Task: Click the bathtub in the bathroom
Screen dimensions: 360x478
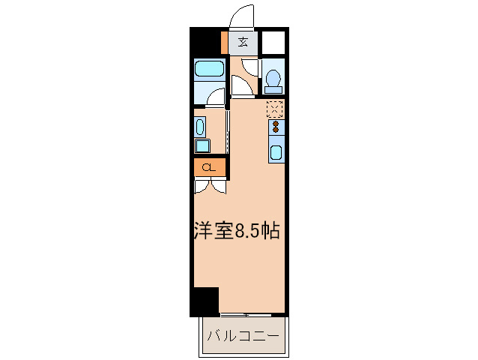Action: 209,70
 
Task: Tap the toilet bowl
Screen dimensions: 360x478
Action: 273,79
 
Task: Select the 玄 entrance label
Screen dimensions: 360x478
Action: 243,42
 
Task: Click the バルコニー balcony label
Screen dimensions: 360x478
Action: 243,334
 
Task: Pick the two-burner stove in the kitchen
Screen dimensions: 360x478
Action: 275,125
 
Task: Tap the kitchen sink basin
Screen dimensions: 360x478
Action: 276,154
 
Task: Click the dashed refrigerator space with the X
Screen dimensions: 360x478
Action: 275,109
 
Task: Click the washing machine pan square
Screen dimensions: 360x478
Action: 202,145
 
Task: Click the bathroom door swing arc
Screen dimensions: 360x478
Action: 216,96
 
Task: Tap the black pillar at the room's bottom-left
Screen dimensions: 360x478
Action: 205,301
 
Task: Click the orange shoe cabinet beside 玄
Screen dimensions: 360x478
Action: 225,42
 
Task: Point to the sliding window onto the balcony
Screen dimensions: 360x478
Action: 252,313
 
